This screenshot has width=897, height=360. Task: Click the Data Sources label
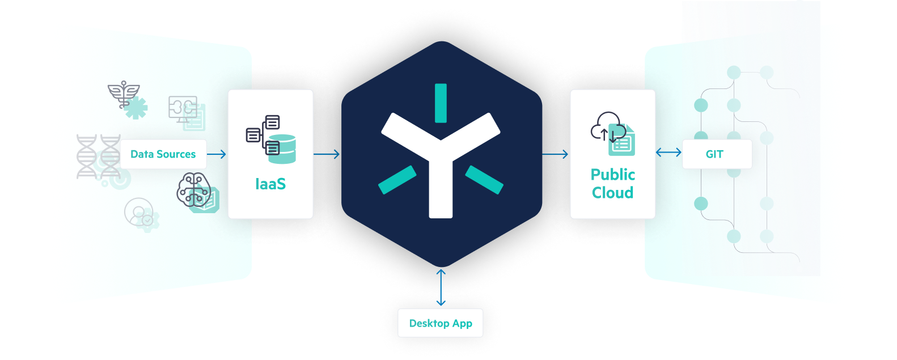pyautogui.click(x=163, y=154)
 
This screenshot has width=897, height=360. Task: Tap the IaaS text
pyautogui.click(x=270, y=184)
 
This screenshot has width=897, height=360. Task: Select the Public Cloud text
pyautogui.click(x=612, y=184)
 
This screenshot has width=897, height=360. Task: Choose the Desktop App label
pyautogui.click(x=441, y=323)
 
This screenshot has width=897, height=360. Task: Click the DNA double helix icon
pyautogui.click(x=98, y=156)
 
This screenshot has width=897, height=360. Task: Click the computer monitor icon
pyautogui.click(x=183, y=108)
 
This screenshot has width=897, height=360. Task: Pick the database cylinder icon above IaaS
pyautogui.click(x=282, y=149)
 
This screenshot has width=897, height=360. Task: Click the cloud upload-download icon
pyautogui.click(x=607, y=126)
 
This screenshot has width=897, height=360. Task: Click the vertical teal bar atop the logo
pyautogui.click(x=441, y=103)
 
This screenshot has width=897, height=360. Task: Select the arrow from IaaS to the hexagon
pyautogui.click(x=327, y=154)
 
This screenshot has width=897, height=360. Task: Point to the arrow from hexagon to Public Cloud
pyautogui.click(x=556, y=154)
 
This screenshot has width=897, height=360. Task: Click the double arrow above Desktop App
pyautogui.click(x=441, y=288)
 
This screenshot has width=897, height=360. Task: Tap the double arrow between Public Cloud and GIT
pyautogui.click(x=669, y=153)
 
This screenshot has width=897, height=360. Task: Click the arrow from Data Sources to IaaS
pyautogui.click(x=217, y=154)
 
